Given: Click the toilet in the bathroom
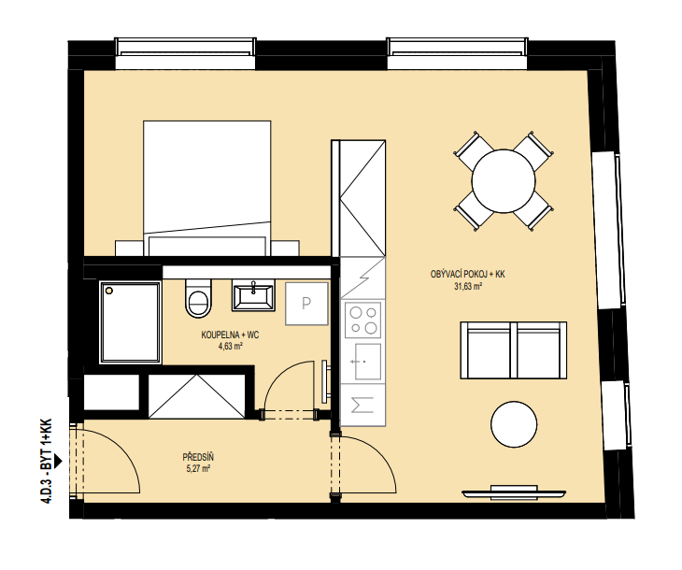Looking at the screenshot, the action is pos(198,298).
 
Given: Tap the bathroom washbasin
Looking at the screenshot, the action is pos(253,295).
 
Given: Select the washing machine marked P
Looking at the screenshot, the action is pos(306,304).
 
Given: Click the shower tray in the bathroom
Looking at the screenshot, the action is pos(130,322).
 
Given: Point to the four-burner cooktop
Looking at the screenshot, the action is pos(363,320).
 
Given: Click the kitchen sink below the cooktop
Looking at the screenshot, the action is pos(367,361).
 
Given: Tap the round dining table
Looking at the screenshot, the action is pos(504,181).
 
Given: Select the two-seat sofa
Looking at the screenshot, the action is pos(513,350).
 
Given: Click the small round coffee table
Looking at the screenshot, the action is pos(514,424).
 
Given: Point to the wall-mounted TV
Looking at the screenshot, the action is pos(514,493).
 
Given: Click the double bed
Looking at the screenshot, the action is pos(207,189).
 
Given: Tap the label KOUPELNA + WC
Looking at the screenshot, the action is pos(230,335).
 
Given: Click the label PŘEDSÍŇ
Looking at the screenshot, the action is pos(198,458).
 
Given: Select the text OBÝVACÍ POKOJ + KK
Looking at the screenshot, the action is pos(467,275).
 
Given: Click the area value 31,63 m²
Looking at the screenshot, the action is pos(467,286).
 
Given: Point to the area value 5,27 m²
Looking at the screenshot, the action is pos(198,469).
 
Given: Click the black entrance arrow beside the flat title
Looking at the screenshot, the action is pos(59,461).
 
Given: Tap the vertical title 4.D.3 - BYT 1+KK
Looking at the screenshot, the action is pos(46,461).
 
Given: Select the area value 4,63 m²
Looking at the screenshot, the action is pos(230,347).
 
